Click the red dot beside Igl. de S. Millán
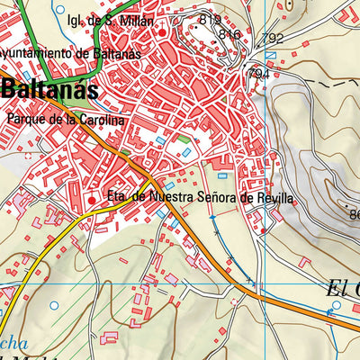(x=162, y=33)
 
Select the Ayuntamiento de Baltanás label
(x=54, y=53)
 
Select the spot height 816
(x=229, y=34)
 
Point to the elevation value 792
(x=275, y=39)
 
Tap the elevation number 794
(x=257, y=73)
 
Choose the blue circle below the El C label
(x=333, y=316)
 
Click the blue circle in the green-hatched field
(x=53, y=305)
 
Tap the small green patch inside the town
(x=184, y=140)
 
